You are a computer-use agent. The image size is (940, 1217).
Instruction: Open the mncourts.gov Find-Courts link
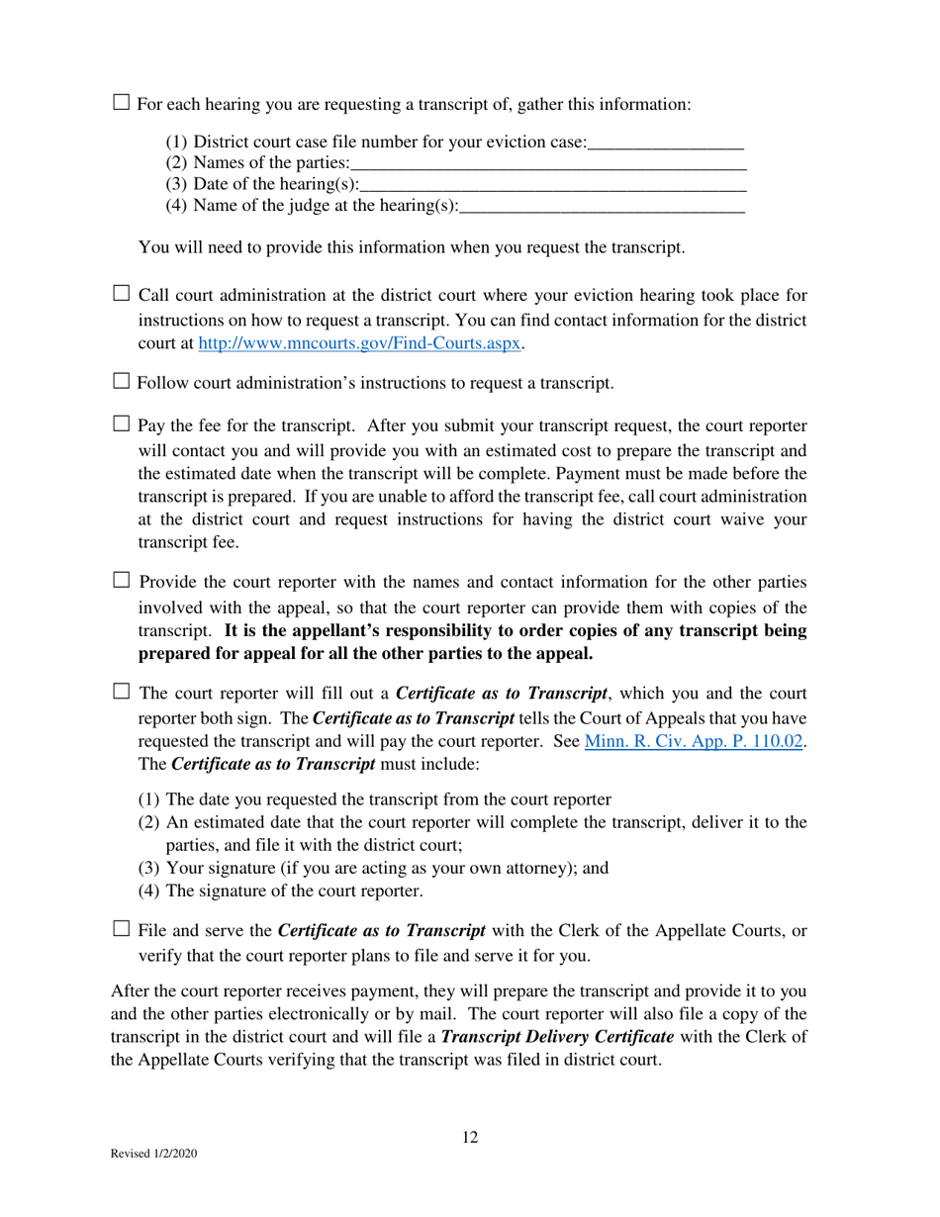[x=360, y=344]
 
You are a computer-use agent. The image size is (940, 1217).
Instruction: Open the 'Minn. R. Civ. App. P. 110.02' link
[x=693, y=740]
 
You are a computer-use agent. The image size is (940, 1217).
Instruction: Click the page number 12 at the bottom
[x=470, y=1138]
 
